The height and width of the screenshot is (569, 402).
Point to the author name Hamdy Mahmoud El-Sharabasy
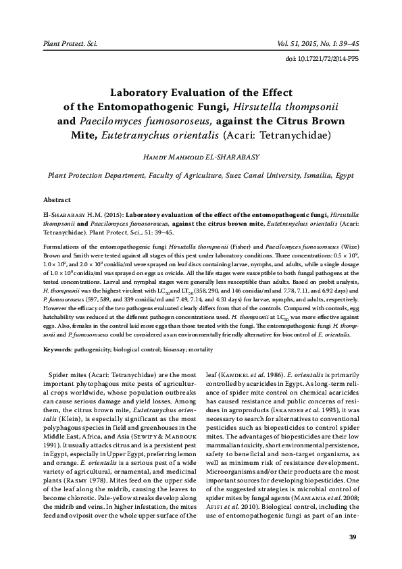tap(201, 157)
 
